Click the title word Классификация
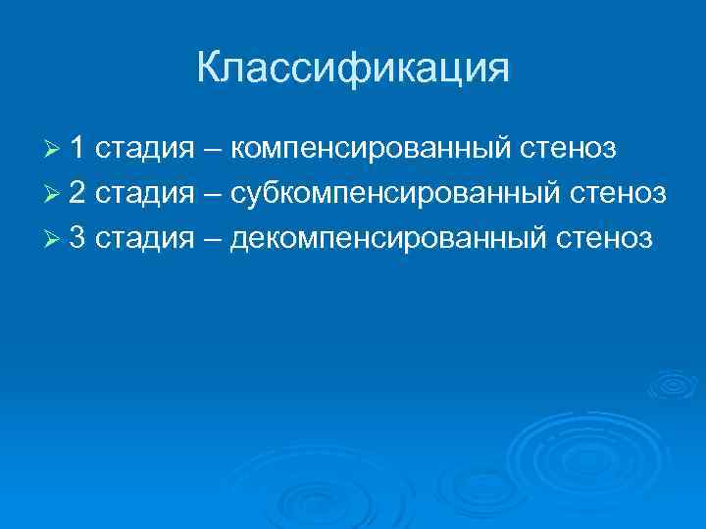(x=353, y=69)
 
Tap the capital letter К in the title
(x=209, y=69)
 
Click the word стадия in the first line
(x=144, y=150)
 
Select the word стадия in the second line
(x=144, y=194)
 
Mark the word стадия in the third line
(x=144, y=238)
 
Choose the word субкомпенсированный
(x=398, y=194)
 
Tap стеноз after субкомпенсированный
(x=620, y=194)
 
